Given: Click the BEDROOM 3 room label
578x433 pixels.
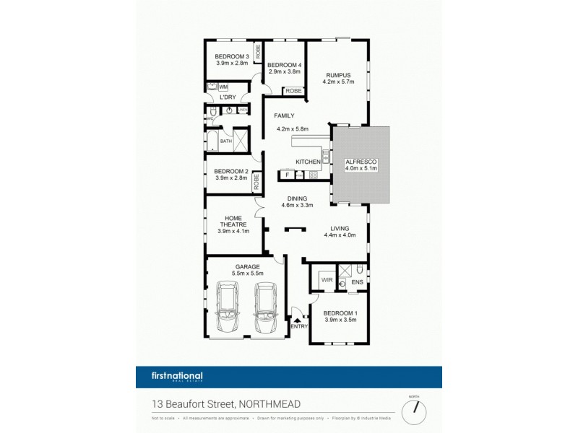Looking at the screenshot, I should [x=233, y=57].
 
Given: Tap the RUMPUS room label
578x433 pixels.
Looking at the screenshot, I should [x=337, y=75].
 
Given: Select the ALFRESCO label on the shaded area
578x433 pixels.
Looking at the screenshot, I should [x=360, y=162].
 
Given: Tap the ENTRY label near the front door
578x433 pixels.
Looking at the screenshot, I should [x=298, y=326].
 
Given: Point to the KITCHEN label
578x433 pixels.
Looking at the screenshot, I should [x=308, y=162].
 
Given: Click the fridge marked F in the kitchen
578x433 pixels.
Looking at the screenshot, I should [x=287, y=175].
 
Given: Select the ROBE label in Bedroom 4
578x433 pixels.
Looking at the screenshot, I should [x=293, y=91].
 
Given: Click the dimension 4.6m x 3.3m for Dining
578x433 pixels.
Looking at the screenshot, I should [x=297, y=205].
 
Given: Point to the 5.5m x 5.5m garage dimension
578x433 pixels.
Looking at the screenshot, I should [x=247, y=274].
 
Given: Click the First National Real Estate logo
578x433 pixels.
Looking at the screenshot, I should [x=178, y=376].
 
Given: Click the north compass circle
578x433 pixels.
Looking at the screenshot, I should [x=414, y=409].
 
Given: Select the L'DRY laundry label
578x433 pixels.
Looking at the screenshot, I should [x=228, y=97].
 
